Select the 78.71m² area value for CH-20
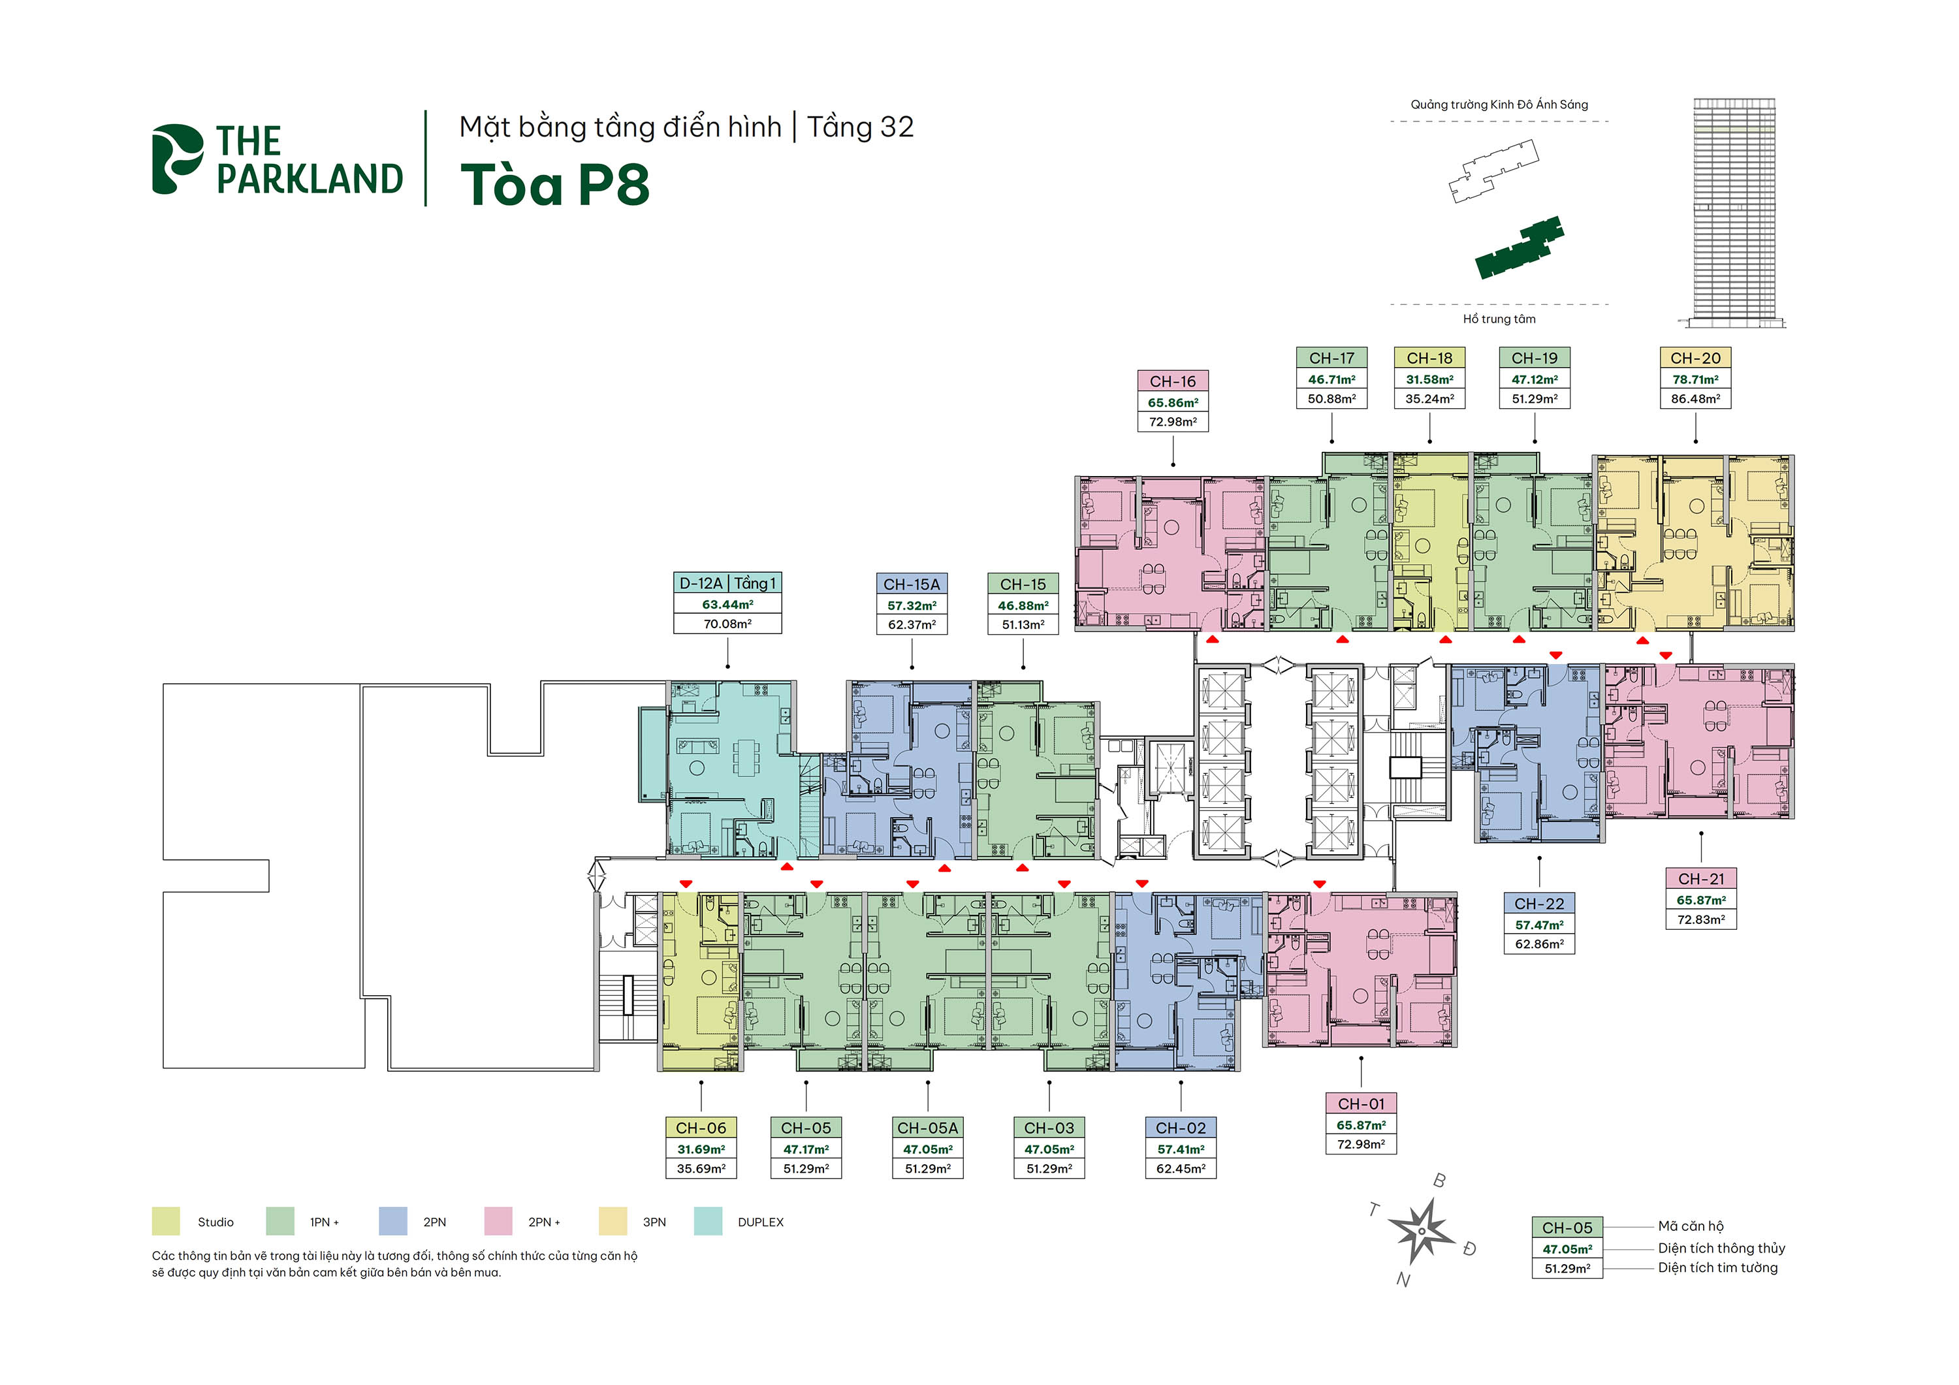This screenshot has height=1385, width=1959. tap(1695, 380)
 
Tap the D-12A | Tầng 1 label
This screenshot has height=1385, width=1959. tap(727, 584)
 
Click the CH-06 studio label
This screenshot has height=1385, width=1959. tap(701, 1128)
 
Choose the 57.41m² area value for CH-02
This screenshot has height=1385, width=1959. tap(1180, 1149)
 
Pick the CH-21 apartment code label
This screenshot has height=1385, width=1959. tap(1700, 879)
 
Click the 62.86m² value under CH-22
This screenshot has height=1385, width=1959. tap(1539, 945)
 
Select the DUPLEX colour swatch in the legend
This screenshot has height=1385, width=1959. tap(708, 1221)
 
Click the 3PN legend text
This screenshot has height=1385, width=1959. tap(654, 1222)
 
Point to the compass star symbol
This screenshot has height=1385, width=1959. tap(1422, 1232)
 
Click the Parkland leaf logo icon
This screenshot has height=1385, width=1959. tap(176, 159)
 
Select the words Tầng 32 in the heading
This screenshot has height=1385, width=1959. tap(860, 127)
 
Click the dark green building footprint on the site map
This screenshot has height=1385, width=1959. tap(1519, 248)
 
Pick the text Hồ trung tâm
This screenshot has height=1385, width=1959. tap(1499, 319)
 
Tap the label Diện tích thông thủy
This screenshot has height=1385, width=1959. tap(1722, 1248)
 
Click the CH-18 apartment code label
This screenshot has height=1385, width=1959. tap(1429, 358)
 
